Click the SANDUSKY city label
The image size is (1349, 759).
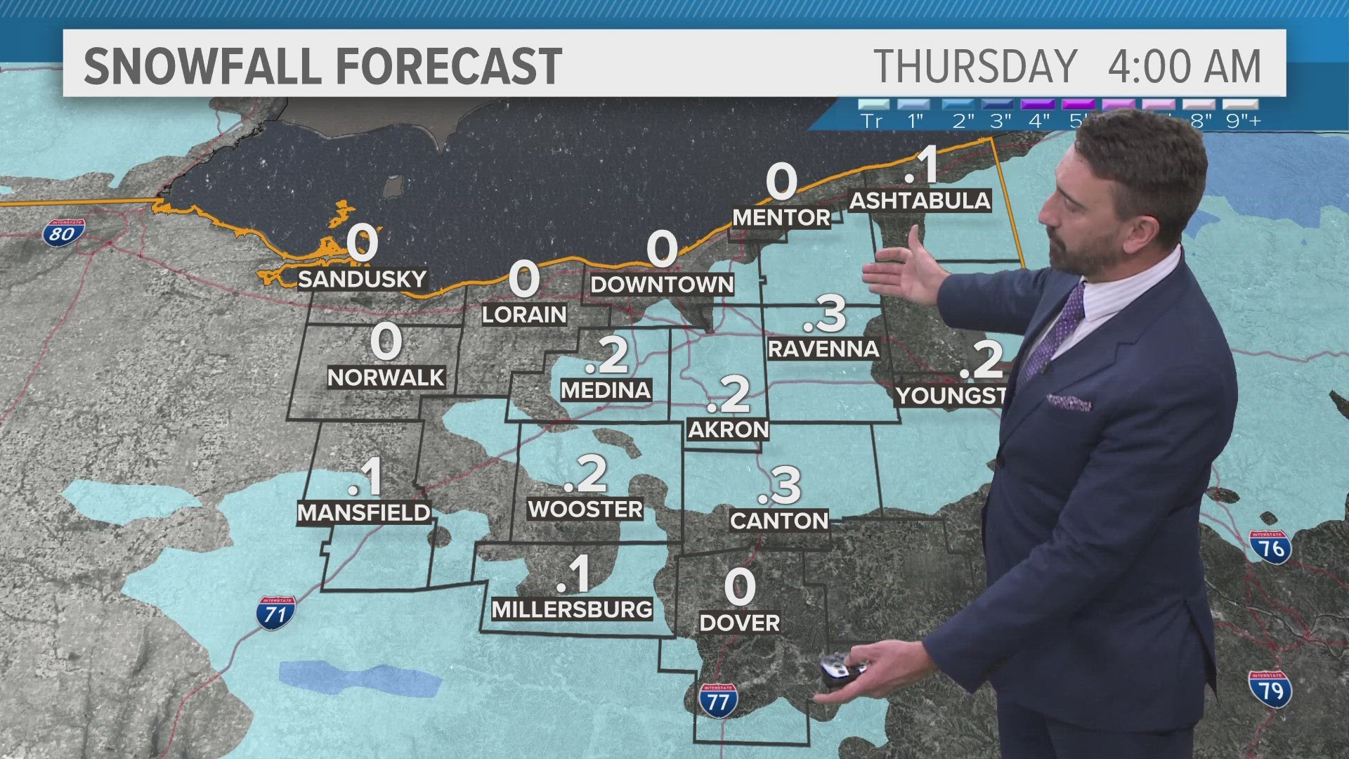(362, 279)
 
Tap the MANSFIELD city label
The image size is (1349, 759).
(364, 512)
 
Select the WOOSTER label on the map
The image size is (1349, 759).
(585, 509)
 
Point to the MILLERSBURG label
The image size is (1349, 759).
(572, 609)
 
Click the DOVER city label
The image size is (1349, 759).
(740, 623)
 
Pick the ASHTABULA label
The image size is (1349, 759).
(920, 200)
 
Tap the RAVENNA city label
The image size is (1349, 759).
(823, 349)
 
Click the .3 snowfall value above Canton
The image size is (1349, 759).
(781, 485)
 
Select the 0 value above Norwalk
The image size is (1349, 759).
(386, 342)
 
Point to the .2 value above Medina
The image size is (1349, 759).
(607, 356)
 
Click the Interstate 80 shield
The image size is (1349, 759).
(63, 233)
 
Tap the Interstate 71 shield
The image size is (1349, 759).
(276, 613)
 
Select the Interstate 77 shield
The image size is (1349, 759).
(717, 701)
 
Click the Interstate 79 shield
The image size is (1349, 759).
(1270, 689)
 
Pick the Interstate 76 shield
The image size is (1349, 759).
(1270, 547)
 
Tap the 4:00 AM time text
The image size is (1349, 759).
(1184, 66)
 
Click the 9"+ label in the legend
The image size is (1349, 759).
(1243, 120)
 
